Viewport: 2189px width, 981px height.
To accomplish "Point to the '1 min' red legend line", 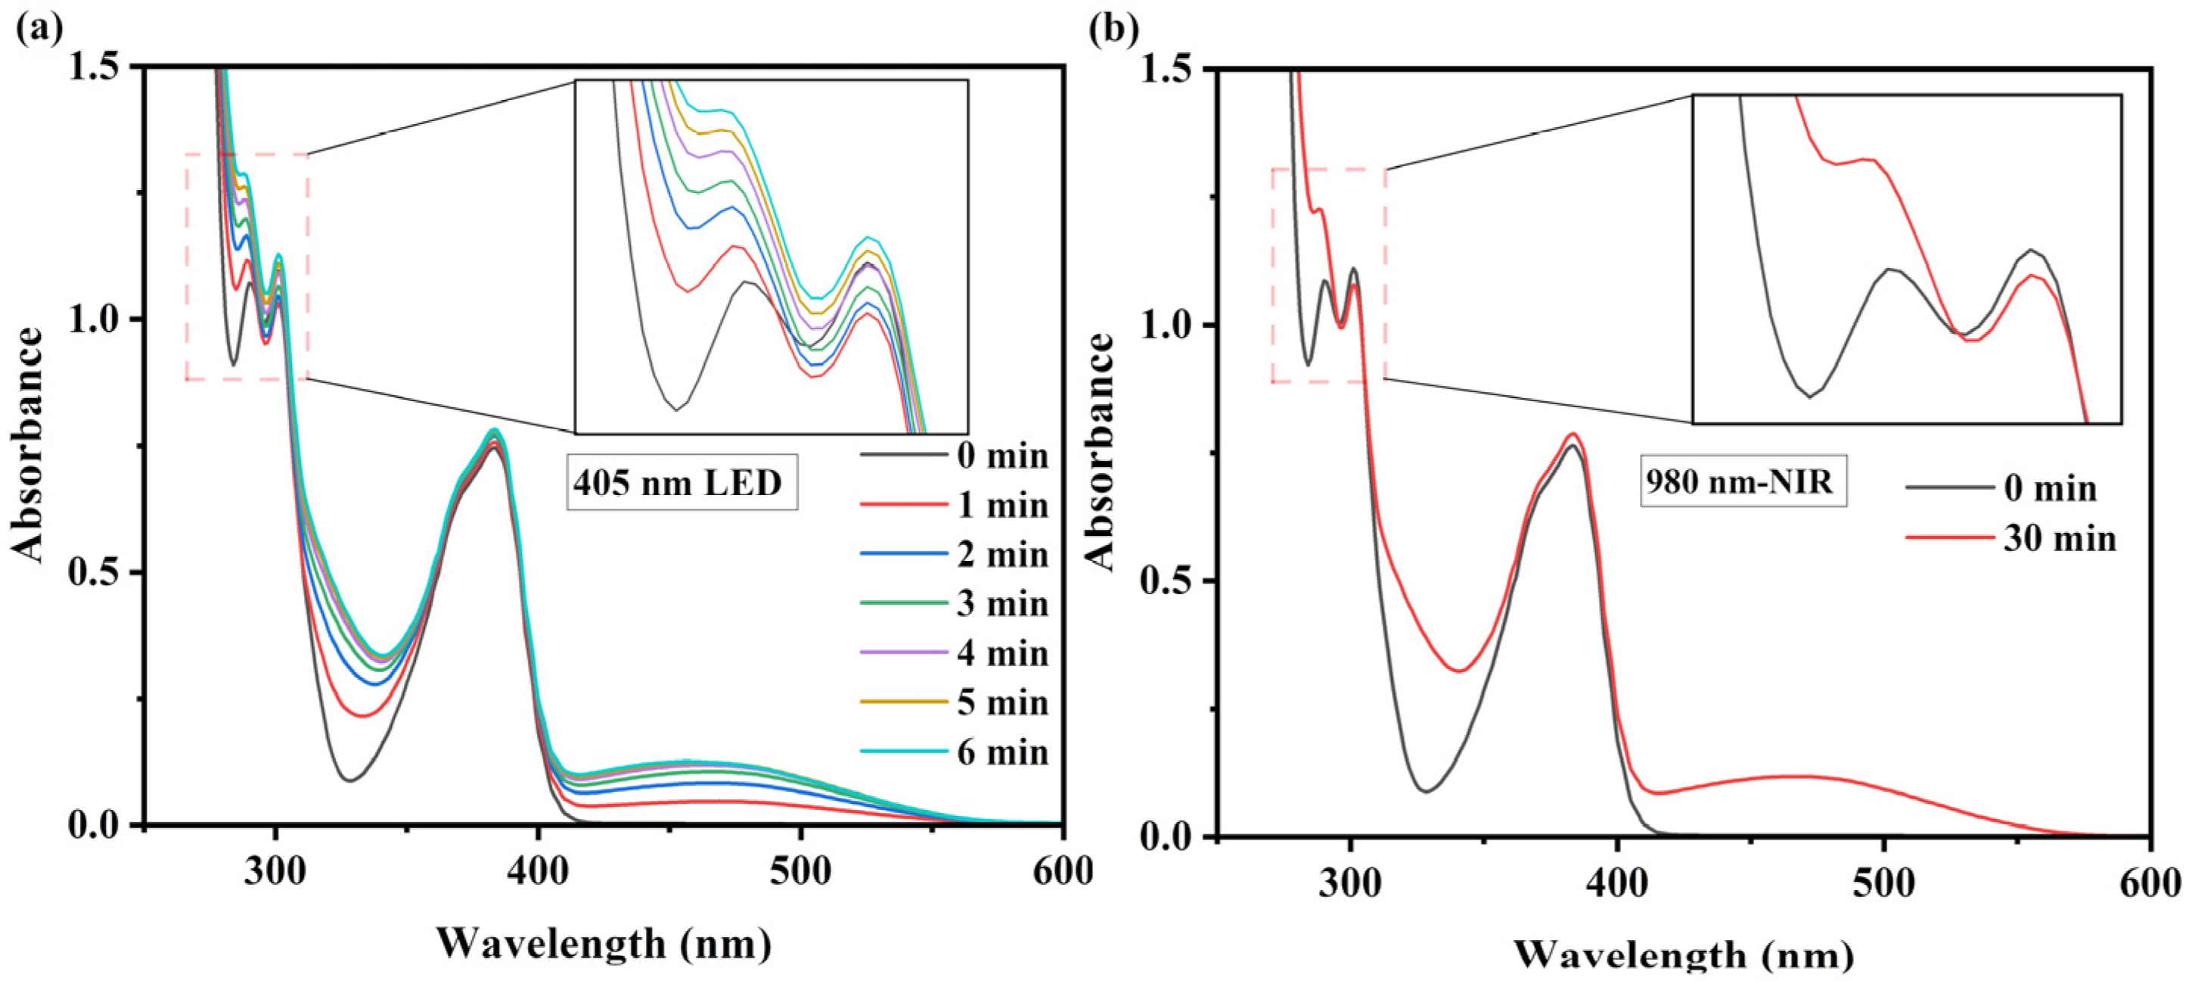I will [903, 505].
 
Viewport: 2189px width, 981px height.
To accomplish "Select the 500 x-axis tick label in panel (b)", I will [1884, 884].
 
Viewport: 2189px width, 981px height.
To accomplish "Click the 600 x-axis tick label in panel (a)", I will [1060, 872].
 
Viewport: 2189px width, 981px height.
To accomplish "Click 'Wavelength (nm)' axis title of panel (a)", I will [604, 944].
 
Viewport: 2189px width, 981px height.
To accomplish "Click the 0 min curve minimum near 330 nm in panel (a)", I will [349, 780].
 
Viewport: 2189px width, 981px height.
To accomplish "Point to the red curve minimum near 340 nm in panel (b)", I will [1458, 671].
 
